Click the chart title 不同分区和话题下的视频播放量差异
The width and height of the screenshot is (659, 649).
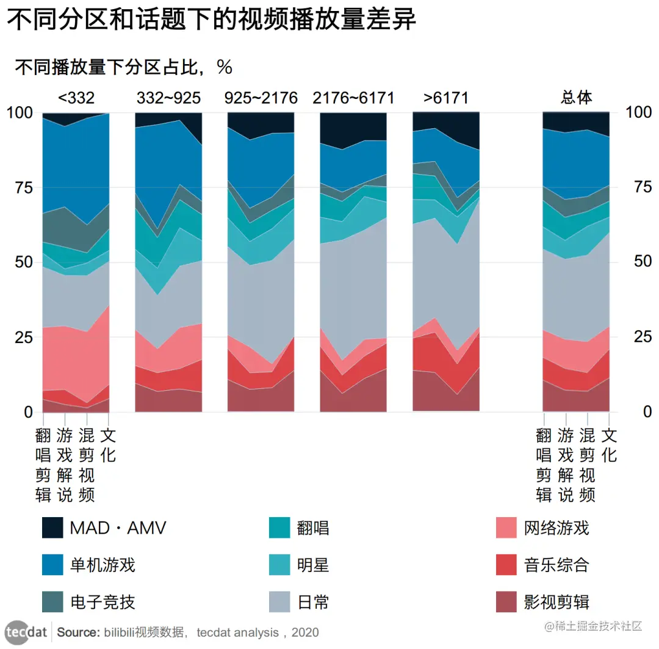pyautogui.click(x=211, y=20)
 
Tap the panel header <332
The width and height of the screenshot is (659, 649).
pyautogui.click(x=76, y=98)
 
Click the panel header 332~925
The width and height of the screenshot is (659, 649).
pyautogui.click(x=168, y=98)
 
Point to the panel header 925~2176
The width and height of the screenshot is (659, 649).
pyautogui.click(x=261, y=98)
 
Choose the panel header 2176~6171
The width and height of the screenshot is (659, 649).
pyautogui.click(x=353, y=98)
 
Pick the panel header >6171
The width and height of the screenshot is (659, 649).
pyautogui.click(x=446, y=98)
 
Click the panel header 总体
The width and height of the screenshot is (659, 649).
pyautogui.click(x=576, y=98)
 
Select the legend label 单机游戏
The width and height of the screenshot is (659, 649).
pyautogui.click(x=103, y=565)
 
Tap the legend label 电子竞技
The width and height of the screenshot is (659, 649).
pyautogui.click(x=103, y=602)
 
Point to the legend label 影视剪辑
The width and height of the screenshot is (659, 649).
pyautogui.click(x=556, y=602)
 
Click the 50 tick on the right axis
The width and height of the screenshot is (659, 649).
pyautogui.click(x=638, y=262)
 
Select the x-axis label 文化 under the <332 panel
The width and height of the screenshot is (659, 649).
pyautogui.click(x=108, y=446)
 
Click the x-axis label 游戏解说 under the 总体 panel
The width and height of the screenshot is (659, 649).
pyautogui.click(x=566, y=465)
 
